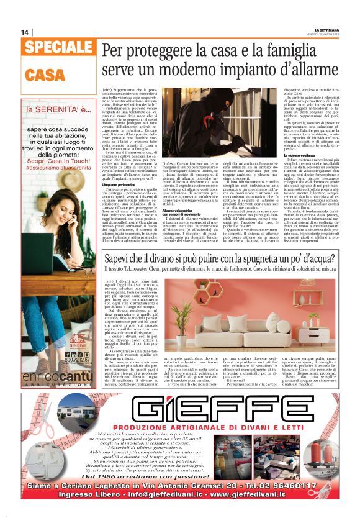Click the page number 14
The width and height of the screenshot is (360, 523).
coord(25,32)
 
